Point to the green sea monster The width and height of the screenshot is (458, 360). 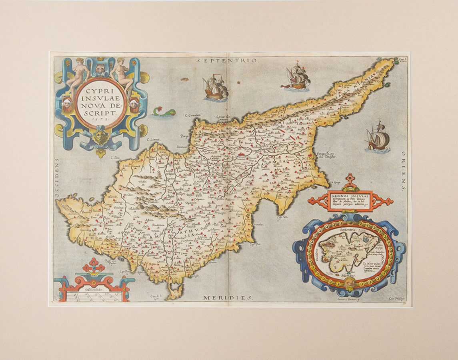click(164, 112)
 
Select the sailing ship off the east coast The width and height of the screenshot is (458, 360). click(377, 138)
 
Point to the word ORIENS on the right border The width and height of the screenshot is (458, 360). click(404, 172)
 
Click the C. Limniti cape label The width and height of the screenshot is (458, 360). click(153, 140)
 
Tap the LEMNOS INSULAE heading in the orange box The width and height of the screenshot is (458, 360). click(350, 196)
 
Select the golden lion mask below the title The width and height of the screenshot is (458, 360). click(101, 137)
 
